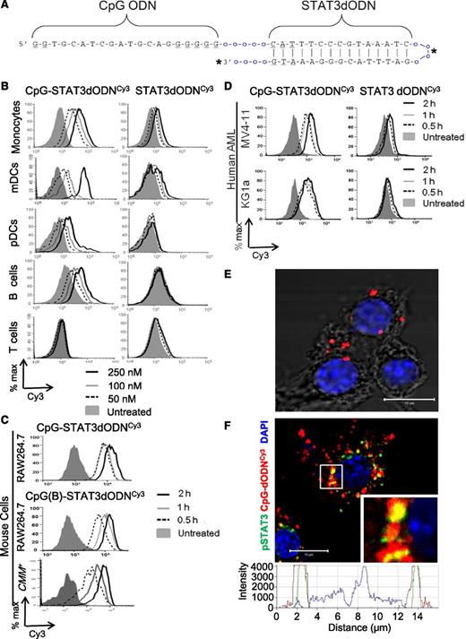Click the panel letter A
tap(7, 8)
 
